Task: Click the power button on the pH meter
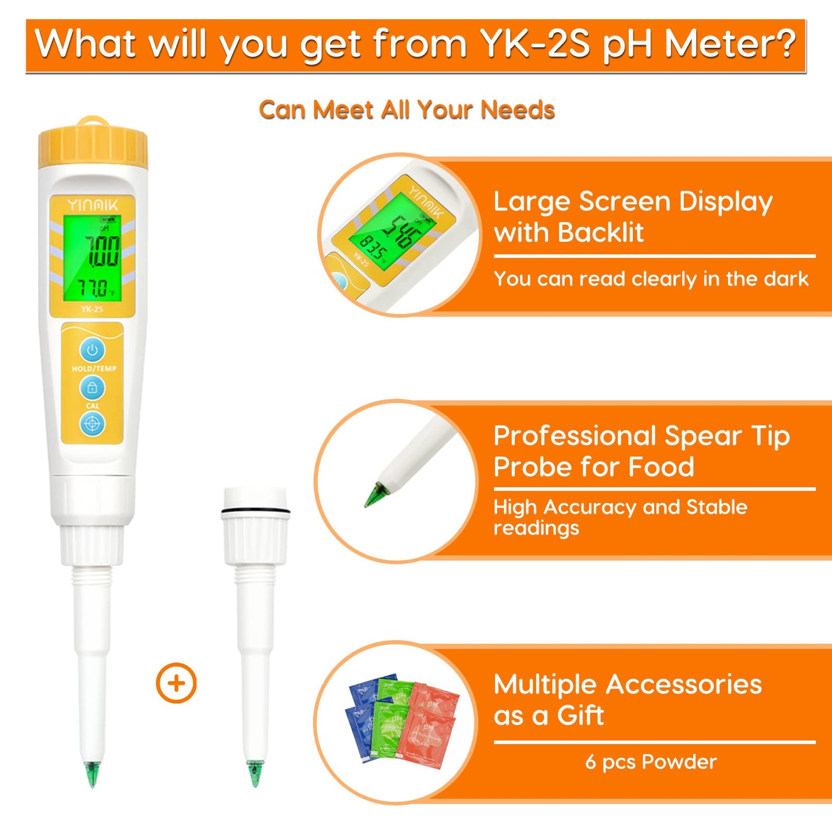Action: (x=92, y=349)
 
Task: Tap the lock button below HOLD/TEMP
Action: (x=92, y=388)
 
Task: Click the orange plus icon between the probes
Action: (x=176, y=683)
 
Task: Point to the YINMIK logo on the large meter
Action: (x=93, y=205)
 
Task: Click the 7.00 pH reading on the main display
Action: (x=102, y=251)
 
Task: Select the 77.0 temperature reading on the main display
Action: (x=94, y=288)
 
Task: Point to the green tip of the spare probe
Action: (x=254, y=773)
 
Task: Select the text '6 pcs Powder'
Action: (x=651, y=762)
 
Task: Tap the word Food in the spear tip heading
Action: (x=661, y=466)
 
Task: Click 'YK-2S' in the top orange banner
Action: (x=535, y=44)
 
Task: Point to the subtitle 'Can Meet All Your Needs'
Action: (x=406, y=109)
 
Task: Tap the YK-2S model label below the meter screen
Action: (x=92, y=309)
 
